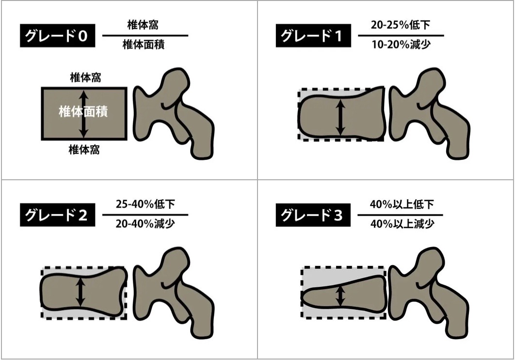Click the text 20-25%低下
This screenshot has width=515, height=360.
tap(401, 25)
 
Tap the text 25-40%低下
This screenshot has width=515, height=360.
tap(145, 204)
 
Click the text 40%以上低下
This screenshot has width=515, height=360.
tap(401, 204)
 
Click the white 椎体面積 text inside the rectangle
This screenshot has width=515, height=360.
tap(83, 111)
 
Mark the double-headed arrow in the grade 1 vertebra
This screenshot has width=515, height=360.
tap(340, 117)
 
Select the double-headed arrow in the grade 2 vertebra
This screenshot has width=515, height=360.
tap(80, 292)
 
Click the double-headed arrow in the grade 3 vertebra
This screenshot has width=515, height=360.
tap(340, 296)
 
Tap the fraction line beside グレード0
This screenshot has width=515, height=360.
tap(145, 35)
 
